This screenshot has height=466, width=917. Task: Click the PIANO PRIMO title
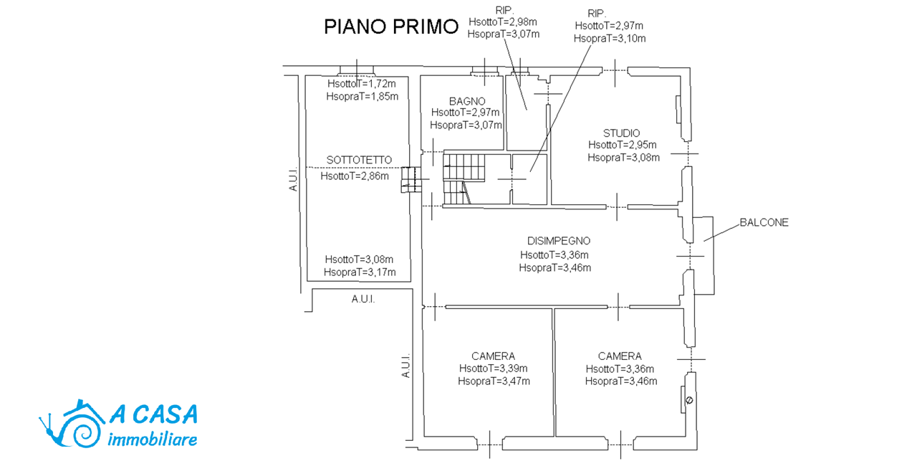tap(391, 27)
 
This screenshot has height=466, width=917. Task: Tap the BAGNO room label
tap(467, 101)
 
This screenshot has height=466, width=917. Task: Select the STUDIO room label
tap(621, 133)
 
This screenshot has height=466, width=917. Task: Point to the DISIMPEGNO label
tap(559, 241)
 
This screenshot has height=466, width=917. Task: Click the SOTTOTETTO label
tap(359, 160)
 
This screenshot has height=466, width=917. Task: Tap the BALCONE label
tap(764, 222)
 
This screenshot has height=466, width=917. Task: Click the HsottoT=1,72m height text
tap(362, 84)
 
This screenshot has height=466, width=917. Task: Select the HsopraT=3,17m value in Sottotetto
tap(360, 272)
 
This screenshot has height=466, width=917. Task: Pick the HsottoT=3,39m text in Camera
tap(494, 368)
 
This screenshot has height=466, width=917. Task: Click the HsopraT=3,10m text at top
tap(610, 39)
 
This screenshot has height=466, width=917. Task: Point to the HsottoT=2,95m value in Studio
tap(623, 145)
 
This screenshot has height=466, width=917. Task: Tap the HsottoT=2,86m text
tap(355, 176)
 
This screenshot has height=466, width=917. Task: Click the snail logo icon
tap(72, 424)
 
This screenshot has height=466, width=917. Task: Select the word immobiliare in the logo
tap(153, 439)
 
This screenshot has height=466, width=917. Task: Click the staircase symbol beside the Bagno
tap(464, 179)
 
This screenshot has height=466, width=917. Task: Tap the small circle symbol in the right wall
tap(689, 400)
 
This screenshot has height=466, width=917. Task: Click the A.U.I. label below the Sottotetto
tap(363, 300)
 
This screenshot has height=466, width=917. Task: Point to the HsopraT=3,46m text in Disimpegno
tap(555, 268)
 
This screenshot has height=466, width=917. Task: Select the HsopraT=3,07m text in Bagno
tap(466, 125)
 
